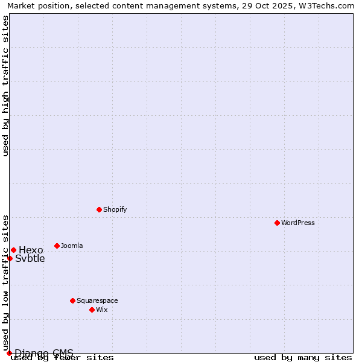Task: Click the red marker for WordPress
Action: (277, 223)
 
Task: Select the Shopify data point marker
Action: (99, 209)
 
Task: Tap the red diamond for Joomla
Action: (57, 246)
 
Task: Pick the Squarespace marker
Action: (72, 300)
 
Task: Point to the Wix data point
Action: (92, 310)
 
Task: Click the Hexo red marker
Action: (13, 250)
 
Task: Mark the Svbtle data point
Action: (10, 258)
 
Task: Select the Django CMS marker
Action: (9, 353)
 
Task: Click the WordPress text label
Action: (298, 223)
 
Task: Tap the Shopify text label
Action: (115, 209)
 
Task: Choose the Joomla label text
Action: (72, 246)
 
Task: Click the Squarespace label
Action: (97, 300)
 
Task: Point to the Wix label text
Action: (101, 310)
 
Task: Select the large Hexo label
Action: (31, 250)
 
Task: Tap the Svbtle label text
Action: (30, 259)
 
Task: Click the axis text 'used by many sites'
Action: (303, 357)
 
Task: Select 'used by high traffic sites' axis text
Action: (5, 86)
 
